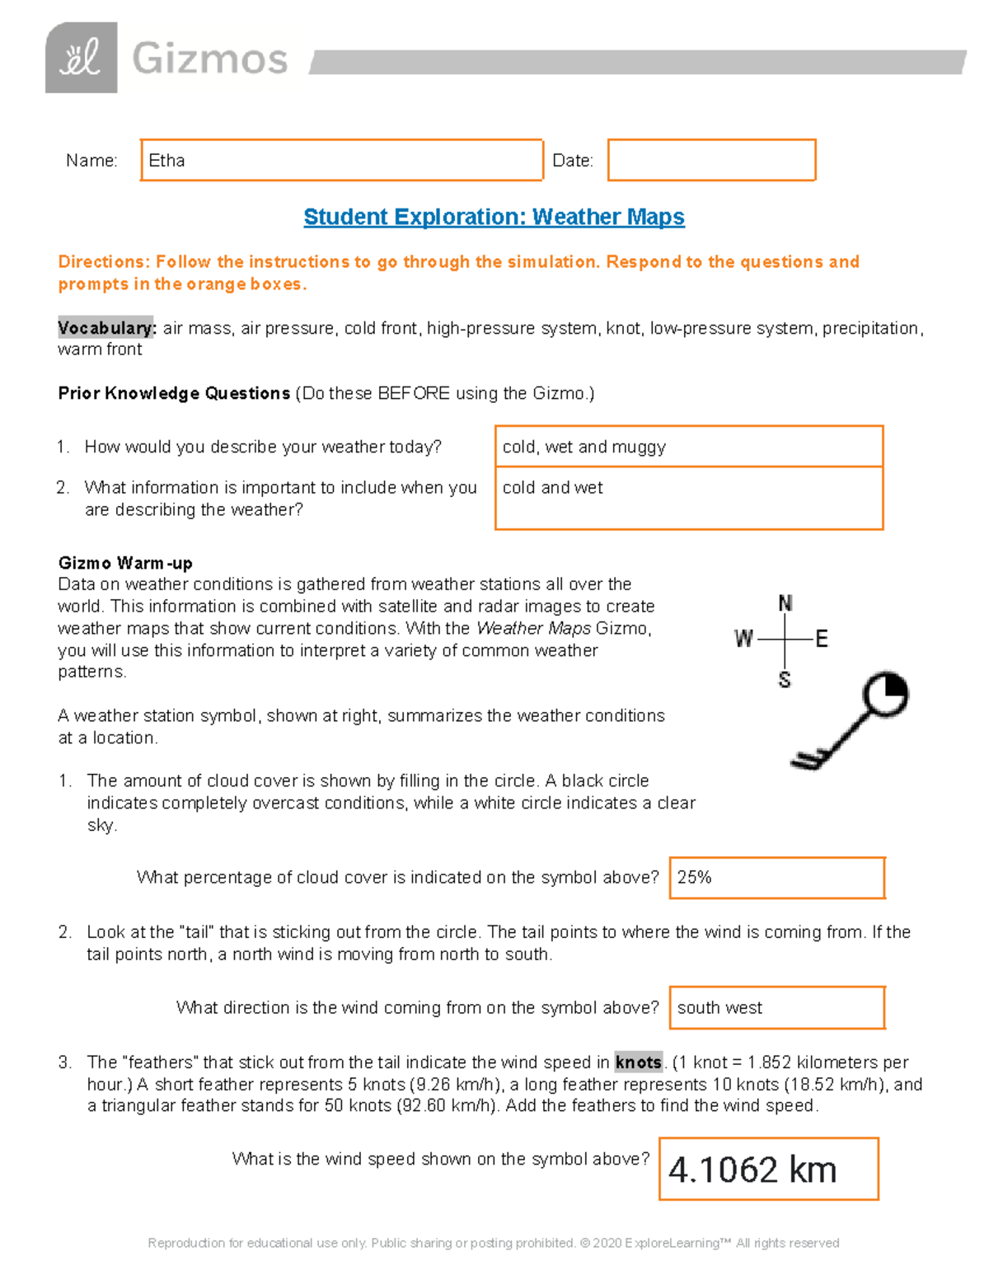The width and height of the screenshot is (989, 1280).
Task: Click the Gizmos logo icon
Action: pyautogui.click(x=81, y=58)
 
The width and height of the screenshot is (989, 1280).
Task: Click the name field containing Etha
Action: pyautogui.click(x=341, y=160)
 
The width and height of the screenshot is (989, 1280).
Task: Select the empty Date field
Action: pyautogui.click(x=711, y=160)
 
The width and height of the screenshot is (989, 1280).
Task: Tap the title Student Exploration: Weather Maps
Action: pyautogui.click(x=494, y=217)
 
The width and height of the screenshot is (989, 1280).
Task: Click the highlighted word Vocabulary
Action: pyautogui.click(x=105, y=328)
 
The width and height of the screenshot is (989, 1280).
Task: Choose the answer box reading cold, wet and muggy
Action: pyautogui.click(x=688, y=447)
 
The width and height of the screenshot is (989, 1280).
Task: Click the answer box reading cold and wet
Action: pyautogui.click(x=688, y=498)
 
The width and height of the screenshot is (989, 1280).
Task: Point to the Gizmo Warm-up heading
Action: pyautogui.click(x=125, y=563)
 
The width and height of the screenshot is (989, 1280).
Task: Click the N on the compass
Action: pyautogui.click(x=785, y=603)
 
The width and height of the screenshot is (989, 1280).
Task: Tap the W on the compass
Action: pyautogui.click(x=743, y=639)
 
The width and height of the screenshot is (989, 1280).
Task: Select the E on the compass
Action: pyautogui.click(x=821, y=639)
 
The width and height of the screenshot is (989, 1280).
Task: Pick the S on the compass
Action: pyautogui.click(x=785, y=680)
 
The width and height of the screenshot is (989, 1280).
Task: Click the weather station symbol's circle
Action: pyautogui.click(x=885, y=695)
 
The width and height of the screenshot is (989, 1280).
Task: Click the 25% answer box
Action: pyautogui.click(x=776, y=878)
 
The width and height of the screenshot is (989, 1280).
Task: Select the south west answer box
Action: pyautogui.click(x=776, y=1007)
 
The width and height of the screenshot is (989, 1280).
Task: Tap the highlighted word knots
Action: pyautogui.click(x=638, y=1062)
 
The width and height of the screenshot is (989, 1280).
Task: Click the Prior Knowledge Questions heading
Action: pyautogui.click(x=174, y=393)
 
